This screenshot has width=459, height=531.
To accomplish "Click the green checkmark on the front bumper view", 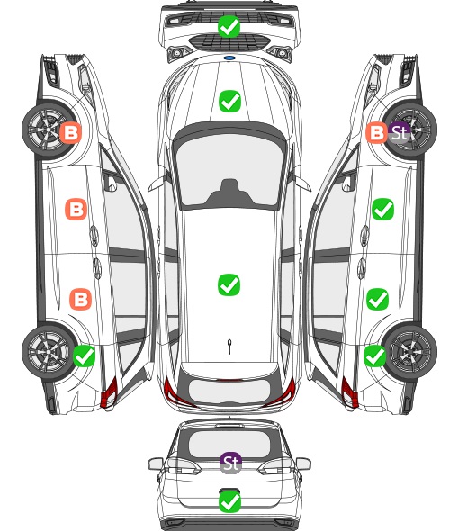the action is click(x=229, y=26).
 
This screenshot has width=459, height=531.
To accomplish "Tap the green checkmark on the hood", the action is click(x=229, y=101).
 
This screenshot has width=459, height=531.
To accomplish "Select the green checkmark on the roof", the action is click(x=229, y=284).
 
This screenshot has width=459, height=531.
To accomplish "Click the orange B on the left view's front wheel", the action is click(x=71, y=133).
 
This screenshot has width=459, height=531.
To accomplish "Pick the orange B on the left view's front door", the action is click(x=76, y=210).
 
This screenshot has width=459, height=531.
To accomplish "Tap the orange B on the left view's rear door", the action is click(x=81, y=299).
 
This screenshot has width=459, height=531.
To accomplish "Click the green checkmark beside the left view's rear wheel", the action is click(x=84, y=355).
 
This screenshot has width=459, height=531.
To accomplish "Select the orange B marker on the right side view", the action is click(x=377, y=132).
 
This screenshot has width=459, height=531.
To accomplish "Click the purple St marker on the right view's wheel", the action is click(x=400, y=132).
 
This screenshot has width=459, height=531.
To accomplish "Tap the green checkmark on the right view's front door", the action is click(x=382, y=210).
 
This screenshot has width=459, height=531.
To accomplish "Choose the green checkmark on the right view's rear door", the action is click(x=378, y=299).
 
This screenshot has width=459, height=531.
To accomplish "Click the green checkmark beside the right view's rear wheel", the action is click(x=374, y=355).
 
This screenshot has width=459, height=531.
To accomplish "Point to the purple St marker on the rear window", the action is click(x=231, y=463).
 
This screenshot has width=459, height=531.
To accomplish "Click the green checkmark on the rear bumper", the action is click(x=230, y=501).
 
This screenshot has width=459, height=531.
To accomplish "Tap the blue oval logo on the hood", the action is click(x=229, y=58).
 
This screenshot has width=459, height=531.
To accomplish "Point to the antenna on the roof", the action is click(x=229, y=346).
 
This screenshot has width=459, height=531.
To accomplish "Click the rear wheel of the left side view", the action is click(x=49, y=352).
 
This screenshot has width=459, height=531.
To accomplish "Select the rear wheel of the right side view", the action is click(x=410, y=352).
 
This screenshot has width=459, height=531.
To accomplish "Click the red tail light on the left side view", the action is click(x=109, y=392).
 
